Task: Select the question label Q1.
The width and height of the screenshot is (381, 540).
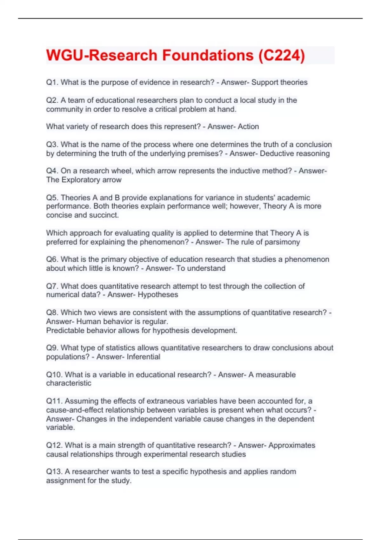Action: pos(52,82)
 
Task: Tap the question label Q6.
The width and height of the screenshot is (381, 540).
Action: pos(52,259)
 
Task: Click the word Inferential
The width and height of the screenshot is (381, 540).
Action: pos(144,357)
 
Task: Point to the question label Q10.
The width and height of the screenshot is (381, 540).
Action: pos(54,375)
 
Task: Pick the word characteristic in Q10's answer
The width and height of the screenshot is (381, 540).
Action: pos(69,383)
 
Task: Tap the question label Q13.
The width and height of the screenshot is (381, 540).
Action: pos(54,471)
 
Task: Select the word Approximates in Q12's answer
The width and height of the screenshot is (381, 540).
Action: pos(292,445)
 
